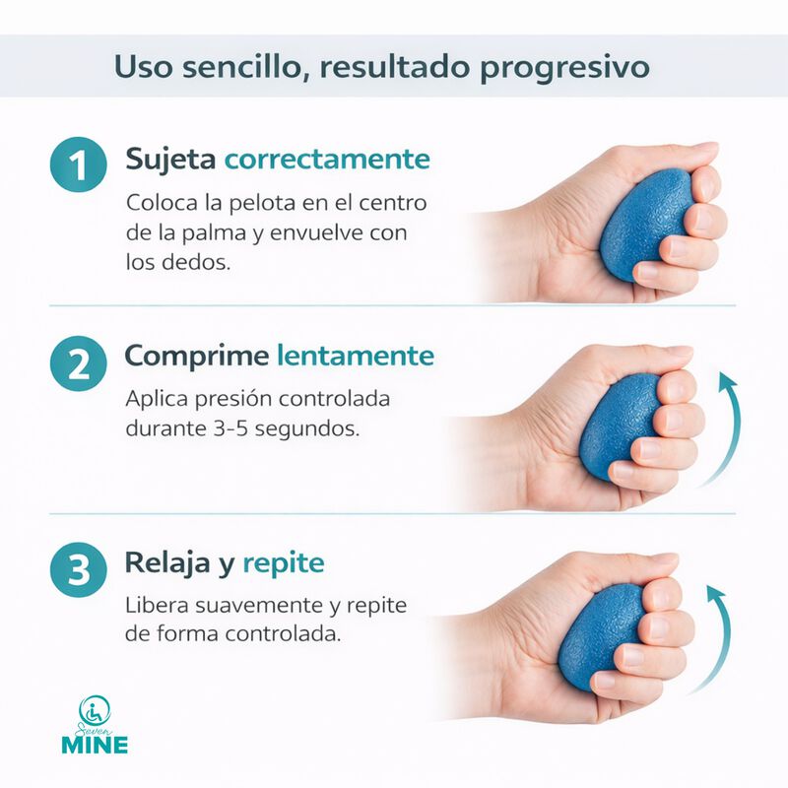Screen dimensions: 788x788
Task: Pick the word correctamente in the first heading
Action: [327, 160]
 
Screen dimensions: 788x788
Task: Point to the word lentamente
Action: [355, 356]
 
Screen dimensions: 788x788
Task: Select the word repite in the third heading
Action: [283, 564]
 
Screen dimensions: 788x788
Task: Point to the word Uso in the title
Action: [139, 67]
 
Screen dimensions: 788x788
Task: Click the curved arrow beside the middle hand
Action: [730, 433]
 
